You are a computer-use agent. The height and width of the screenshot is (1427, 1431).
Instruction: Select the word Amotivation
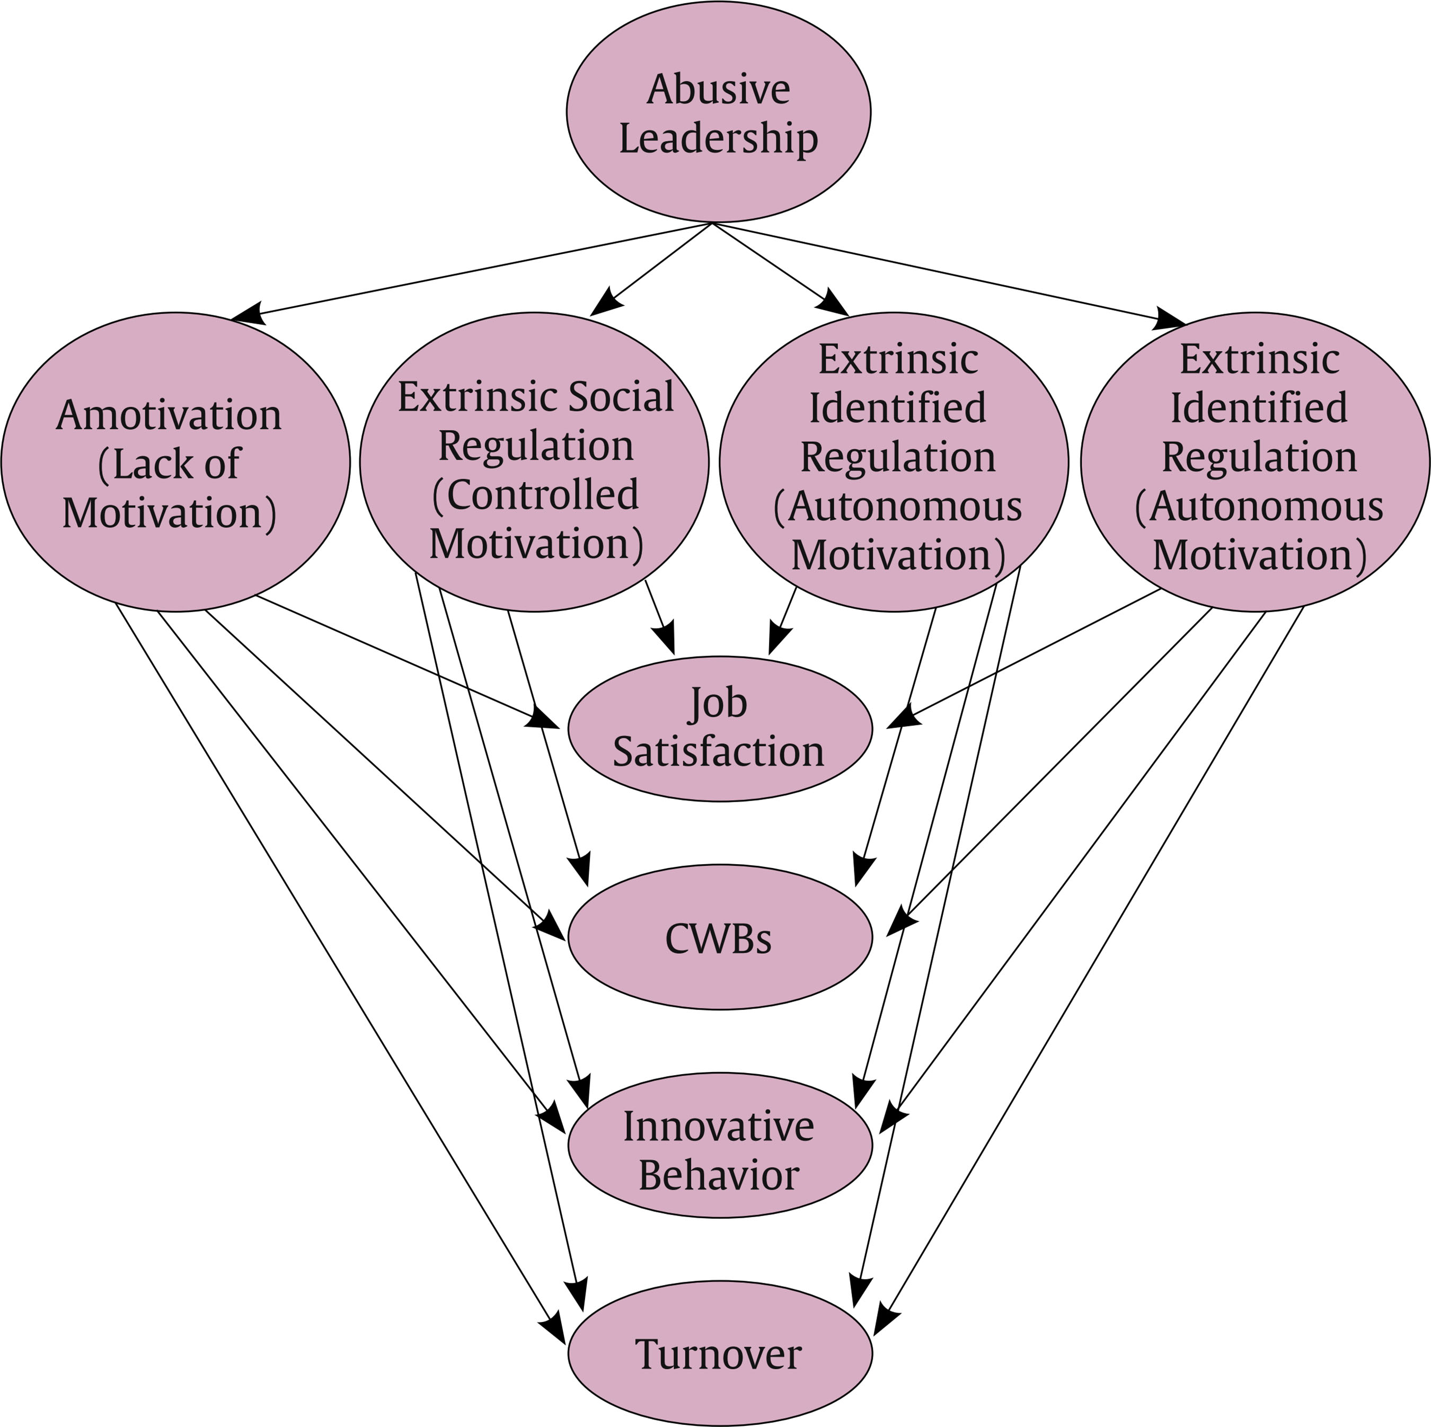169,415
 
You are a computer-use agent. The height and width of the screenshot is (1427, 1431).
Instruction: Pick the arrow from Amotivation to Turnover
333,963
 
